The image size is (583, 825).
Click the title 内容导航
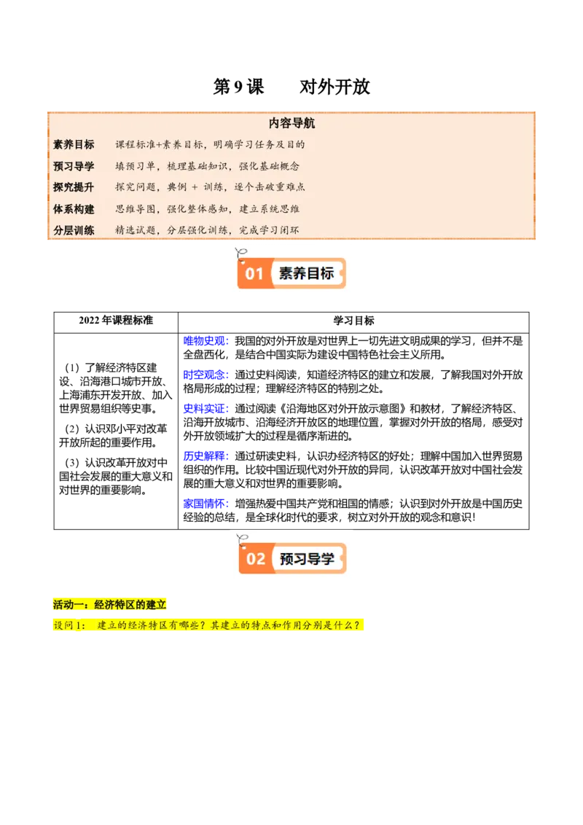(291, 124)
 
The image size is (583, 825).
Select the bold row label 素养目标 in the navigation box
(74, 144)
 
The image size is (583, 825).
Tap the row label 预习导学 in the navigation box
(74, 165)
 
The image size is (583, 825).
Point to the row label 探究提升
(74, 187)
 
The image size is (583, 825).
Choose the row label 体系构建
(74, 208)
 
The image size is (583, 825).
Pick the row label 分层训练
(74, 230)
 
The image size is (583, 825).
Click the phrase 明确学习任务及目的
(259, 144)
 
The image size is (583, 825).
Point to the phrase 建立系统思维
(270, 208)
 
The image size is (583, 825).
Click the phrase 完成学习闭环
(270, 230)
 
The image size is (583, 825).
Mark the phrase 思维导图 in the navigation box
(135, 208)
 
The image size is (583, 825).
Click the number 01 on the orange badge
(254, 274)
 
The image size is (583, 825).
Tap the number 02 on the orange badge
(256, 559)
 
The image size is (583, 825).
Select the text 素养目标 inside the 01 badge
(307, 274)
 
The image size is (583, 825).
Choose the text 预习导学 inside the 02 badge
(308, 559)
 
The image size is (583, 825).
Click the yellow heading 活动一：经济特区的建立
(110, 604)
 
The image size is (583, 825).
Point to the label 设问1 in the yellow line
(69, 625)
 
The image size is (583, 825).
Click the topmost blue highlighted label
(206, 341)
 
